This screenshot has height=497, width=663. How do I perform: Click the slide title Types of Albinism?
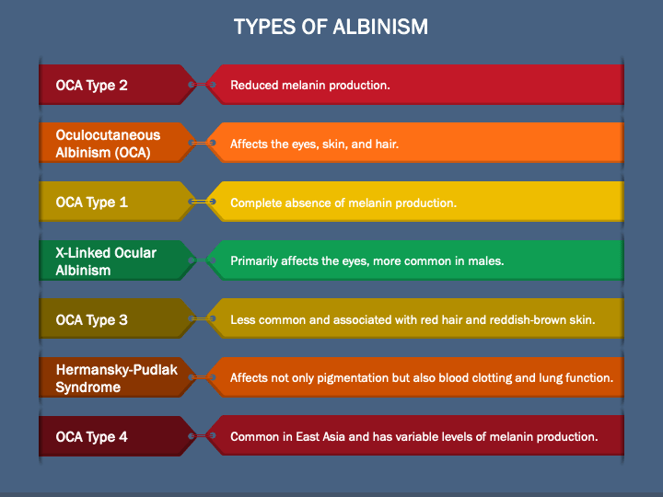pos(331,26)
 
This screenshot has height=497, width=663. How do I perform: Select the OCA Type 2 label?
pos(91,86)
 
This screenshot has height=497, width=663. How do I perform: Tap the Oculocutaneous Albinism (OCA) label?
pos(108,144)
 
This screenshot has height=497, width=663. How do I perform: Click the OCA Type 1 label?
pos(91,202)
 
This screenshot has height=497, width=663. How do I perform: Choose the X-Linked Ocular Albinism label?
pos(106,261)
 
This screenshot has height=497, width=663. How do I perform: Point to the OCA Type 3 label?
pos(91,320)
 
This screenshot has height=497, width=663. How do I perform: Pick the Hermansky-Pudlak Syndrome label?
pos(116,378)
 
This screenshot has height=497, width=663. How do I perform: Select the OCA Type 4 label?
pos(91,437)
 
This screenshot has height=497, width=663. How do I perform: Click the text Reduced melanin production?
pos(310,86)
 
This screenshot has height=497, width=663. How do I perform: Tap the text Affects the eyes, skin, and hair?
pos(314,144)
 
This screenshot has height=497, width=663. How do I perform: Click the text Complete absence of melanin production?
pos(343,202)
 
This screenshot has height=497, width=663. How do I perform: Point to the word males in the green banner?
pos(484,261)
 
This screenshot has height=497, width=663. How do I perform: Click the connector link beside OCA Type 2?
pos(202,85)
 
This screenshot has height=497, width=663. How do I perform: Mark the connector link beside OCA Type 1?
pos(202,202)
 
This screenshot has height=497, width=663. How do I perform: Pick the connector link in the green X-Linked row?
pos(202,260)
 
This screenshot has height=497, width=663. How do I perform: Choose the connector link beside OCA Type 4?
pos(202,436)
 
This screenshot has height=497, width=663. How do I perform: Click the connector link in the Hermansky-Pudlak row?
pos(202,377)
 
